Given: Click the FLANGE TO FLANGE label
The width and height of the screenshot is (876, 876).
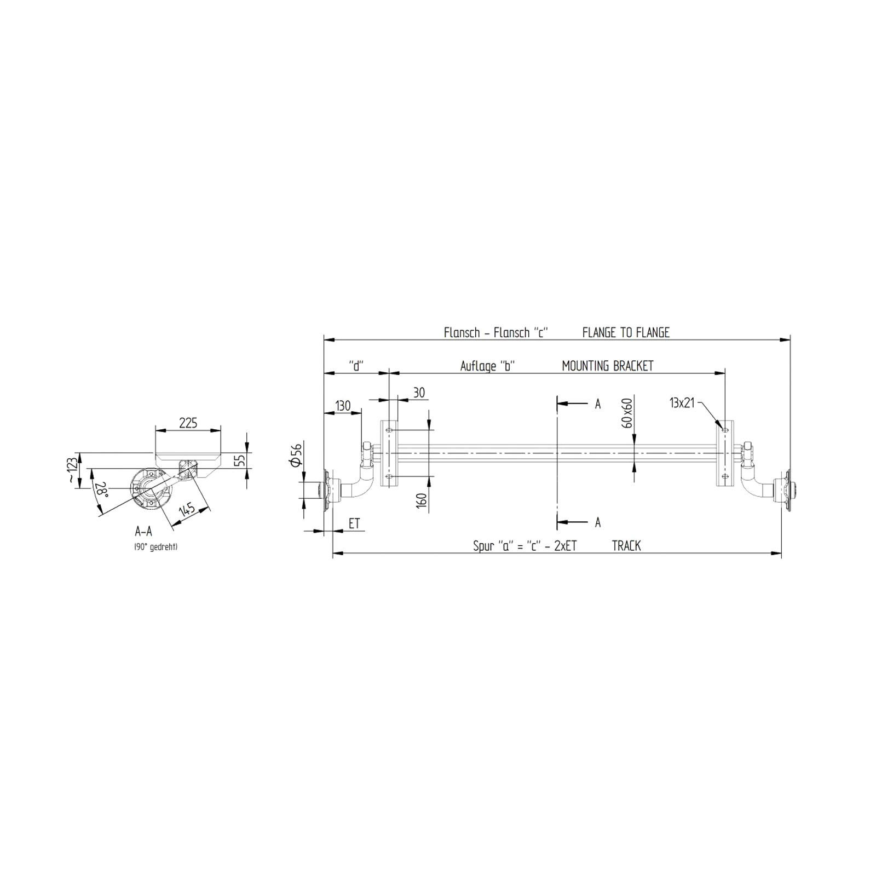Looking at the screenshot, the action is (x=626, y=332).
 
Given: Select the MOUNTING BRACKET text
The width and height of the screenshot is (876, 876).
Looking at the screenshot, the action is (x=608, y=366).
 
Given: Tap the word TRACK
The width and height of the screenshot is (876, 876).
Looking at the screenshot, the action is (x=626, y=546).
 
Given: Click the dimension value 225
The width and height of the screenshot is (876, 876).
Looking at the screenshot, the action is (x=188, y=423).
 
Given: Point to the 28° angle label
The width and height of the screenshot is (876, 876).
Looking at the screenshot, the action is (x=101, y=489).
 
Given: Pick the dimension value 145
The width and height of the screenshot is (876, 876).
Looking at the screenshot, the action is (x=187, y=510).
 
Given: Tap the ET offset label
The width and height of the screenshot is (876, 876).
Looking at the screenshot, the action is (x=354, y=523).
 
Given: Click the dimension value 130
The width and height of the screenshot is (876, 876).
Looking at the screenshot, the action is (x=343, y=406).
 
